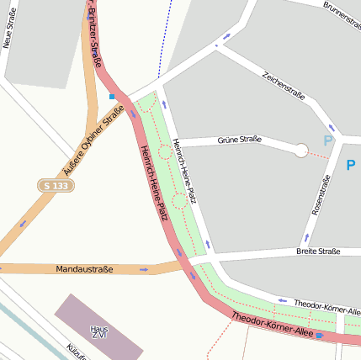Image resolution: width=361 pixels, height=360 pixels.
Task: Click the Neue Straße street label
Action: click(10, 29)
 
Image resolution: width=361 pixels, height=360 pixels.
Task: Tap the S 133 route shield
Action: click(54, 185)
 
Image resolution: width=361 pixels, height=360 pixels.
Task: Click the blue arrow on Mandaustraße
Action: click(145, 270)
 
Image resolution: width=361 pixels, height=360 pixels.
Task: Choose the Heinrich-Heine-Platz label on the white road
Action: click(183, 171)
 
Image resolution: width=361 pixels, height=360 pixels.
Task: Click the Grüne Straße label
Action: click(239, 140)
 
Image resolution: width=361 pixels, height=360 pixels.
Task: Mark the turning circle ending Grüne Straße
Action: click(300, 151)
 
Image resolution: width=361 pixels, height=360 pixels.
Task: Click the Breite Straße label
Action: click(318, 251)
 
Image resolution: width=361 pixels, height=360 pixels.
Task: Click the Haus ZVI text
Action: click(99, 332)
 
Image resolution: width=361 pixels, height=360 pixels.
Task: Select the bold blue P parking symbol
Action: click(351, 166)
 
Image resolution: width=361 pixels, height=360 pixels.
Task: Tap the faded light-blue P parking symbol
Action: click(328, 140)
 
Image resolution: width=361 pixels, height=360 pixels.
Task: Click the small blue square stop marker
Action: click(111, 97)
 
